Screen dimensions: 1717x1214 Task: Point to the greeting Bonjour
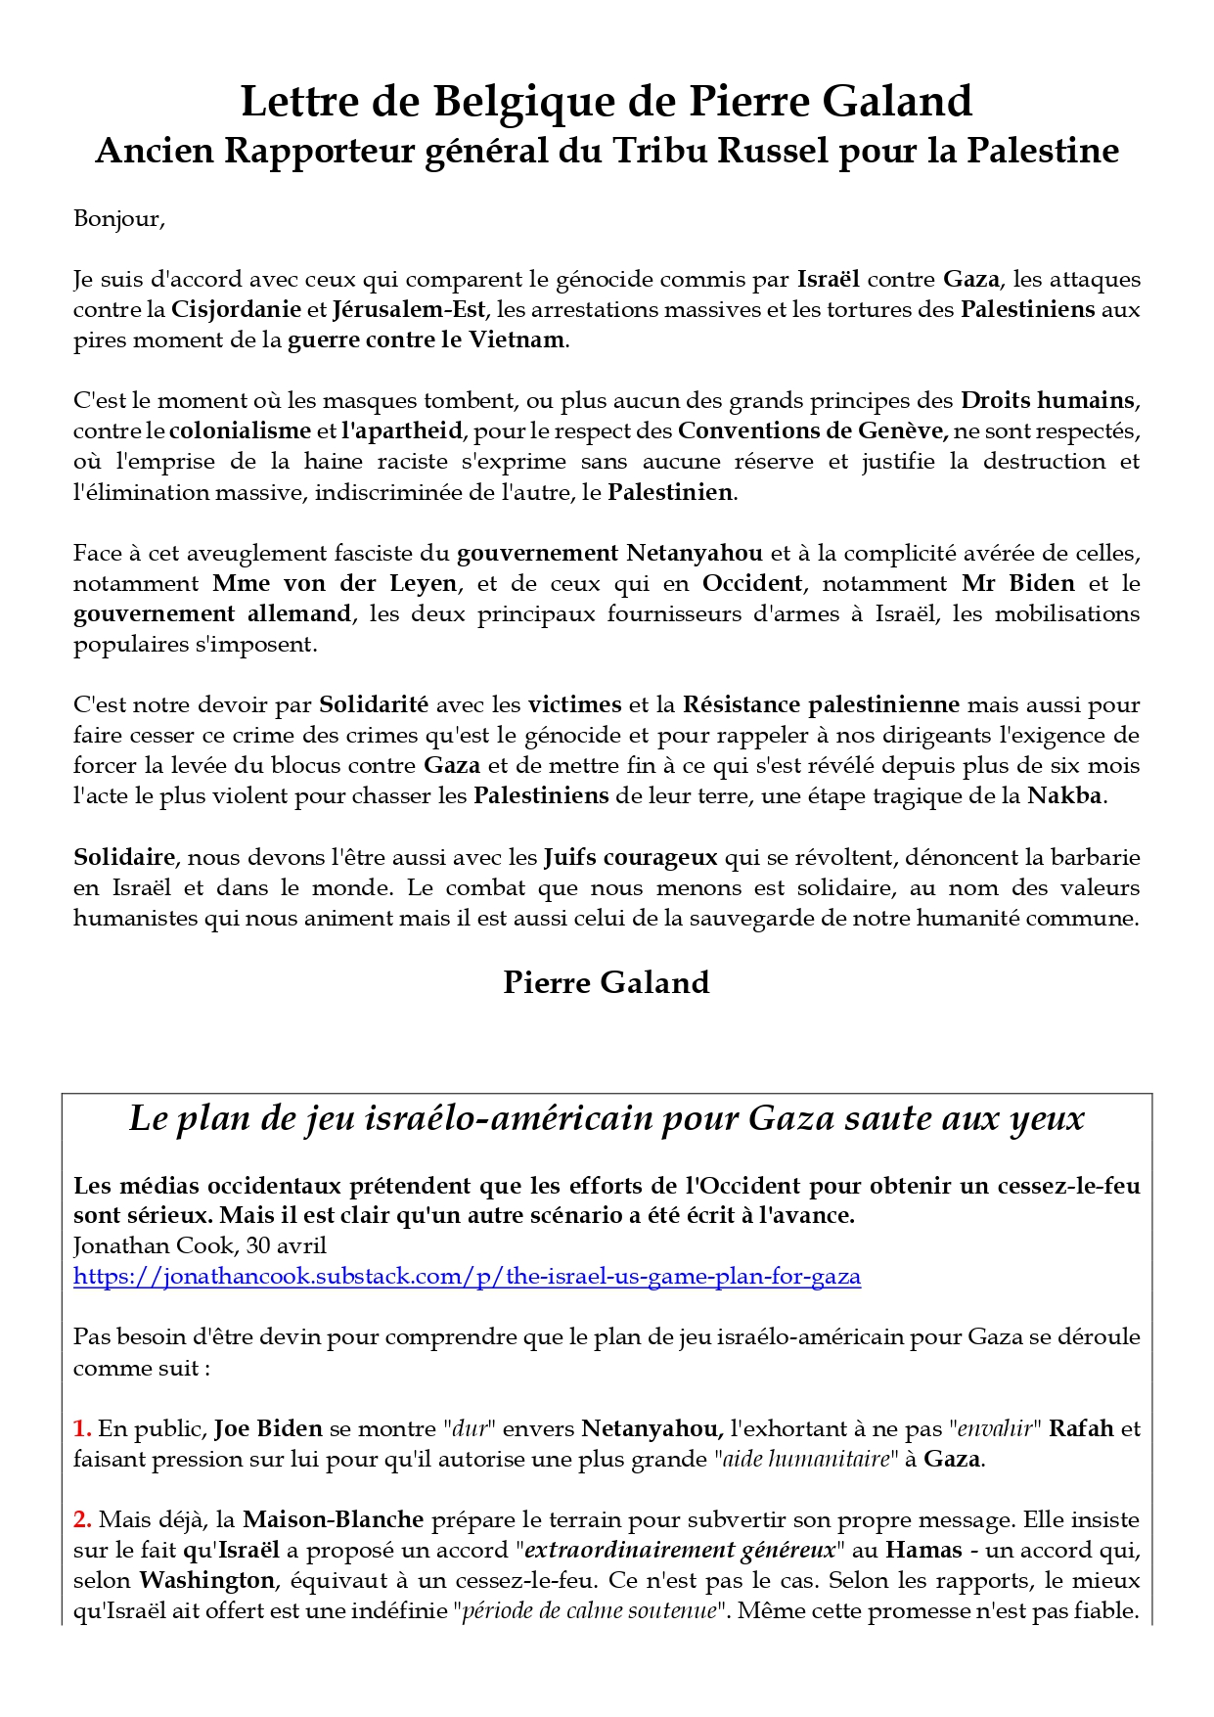click(118, 219)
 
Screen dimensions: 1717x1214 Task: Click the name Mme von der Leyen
click(335, 584)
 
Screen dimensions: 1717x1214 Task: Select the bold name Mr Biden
click(1017, 584)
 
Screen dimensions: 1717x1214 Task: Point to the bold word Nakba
click(1064, 796)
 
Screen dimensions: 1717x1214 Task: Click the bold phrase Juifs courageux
click(630, 858)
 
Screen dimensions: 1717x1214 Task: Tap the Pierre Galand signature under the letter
click(606, 983)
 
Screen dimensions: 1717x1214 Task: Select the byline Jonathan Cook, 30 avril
click(200, 1246)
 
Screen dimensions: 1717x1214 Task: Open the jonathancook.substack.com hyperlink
click(467, 1277)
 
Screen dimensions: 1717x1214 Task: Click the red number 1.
click(82, 1429)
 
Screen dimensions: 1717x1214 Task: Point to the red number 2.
click(82, 1520)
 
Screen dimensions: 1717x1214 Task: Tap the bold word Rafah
click(1081, 1429)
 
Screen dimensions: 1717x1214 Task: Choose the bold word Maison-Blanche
click(333, 1520)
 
